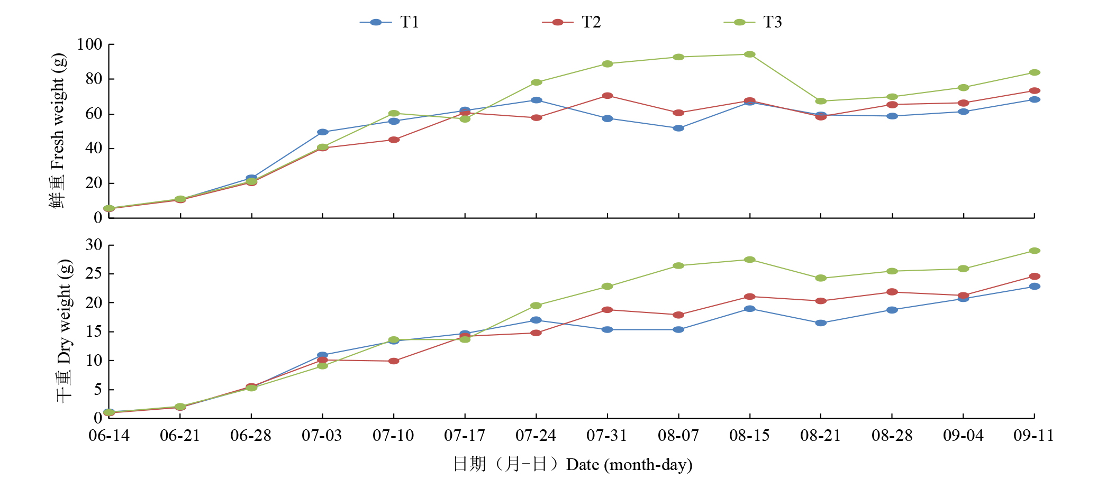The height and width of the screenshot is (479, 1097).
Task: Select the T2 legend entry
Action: click(572, 22)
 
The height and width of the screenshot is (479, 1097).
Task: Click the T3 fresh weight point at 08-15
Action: click(749, 54)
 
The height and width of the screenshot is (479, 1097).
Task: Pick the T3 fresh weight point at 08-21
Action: click(821, 101)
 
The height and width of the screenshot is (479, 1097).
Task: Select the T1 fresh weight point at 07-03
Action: click(323, 132)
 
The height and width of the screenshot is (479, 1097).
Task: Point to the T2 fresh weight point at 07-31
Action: click(608, 96)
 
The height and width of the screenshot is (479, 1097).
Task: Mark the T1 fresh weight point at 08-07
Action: click(678, 128)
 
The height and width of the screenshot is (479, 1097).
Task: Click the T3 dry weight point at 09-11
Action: click(1035, 251)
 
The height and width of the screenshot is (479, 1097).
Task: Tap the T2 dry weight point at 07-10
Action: click(394, 361)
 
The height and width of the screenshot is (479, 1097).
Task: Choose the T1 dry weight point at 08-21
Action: click(821, 323)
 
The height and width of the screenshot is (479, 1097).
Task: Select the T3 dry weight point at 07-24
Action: click(536, 306)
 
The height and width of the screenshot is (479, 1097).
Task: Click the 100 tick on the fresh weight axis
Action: click(89, 44)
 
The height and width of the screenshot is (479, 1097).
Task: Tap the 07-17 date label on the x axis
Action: click(465, 436)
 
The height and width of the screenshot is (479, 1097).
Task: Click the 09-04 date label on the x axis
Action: click(963, 436)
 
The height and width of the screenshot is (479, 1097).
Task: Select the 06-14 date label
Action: click(109, 436)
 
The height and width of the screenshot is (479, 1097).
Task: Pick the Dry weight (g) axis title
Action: click(64, 330)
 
